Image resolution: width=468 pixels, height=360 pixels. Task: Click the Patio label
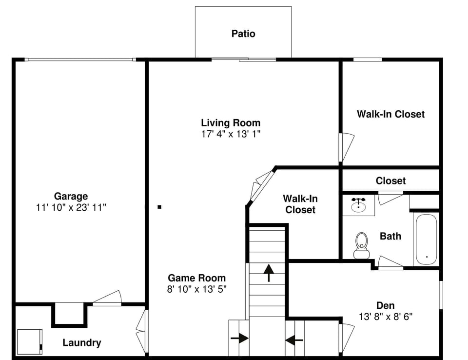[x=243, y=34]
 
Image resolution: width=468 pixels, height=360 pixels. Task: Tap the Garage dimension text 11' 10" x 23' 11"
[x=71, y=207]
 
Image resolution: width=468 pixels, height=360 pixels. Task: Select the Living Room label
[x=231, y=122]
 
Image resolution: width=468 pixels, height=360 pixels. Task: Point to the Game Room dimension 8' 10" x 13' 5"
[x=197, y=289]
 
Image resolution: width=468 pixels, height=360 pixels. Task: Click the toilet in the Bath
[x=361, y=244]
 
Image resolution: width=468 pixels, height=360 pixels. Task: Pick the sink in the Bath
[x=359, y=205]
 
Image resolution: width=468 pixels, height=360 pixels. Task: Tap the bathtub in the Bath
[x=427, y=239]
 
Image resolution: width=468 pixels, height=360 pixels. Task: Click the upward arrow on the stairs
[x=268, y=272]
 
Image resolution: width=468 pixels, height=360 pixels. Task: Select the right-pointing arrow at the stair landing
[x=239, y=338]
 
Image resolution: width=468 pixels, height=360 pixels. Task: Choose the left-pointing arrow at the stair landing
[x=294, y=339]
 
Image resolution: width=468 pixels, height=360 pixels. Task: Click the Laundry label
[x=82, y=342]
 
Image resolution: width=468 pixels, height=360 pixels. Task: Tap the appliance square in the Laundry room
[x=30, y=341]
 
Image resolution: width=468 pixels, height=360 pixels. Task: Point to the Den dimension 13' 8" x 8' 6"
[x=385, y=317]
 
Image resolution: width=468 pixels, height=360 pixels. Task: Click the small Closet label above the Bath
[x=390, y=180]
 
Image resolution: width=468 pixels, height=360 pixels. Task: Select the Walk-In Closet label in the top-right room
[x=390, y=114]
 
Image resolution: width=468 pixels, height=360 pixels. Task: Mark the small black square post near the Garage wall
[x=159, y=207]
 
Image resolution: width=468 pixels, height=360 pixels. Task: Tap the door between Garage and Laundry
[x=107, y=298]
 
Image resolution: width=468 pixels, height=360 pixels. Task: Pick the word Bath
[x=390, y=236]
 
